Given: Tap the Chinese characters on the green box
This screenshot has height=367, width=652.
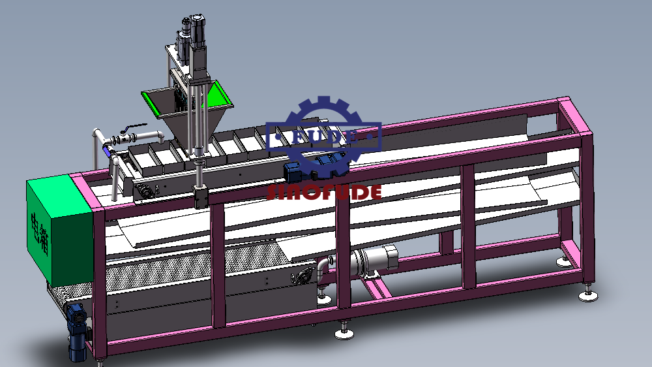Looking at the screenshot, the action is point(40,233).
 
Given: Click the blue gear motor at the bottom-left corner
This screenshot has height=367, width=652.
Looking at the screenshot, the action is point(78,332).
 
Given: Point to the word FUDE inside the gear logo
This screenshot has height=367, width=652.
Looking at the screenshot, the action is point(325,136).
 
